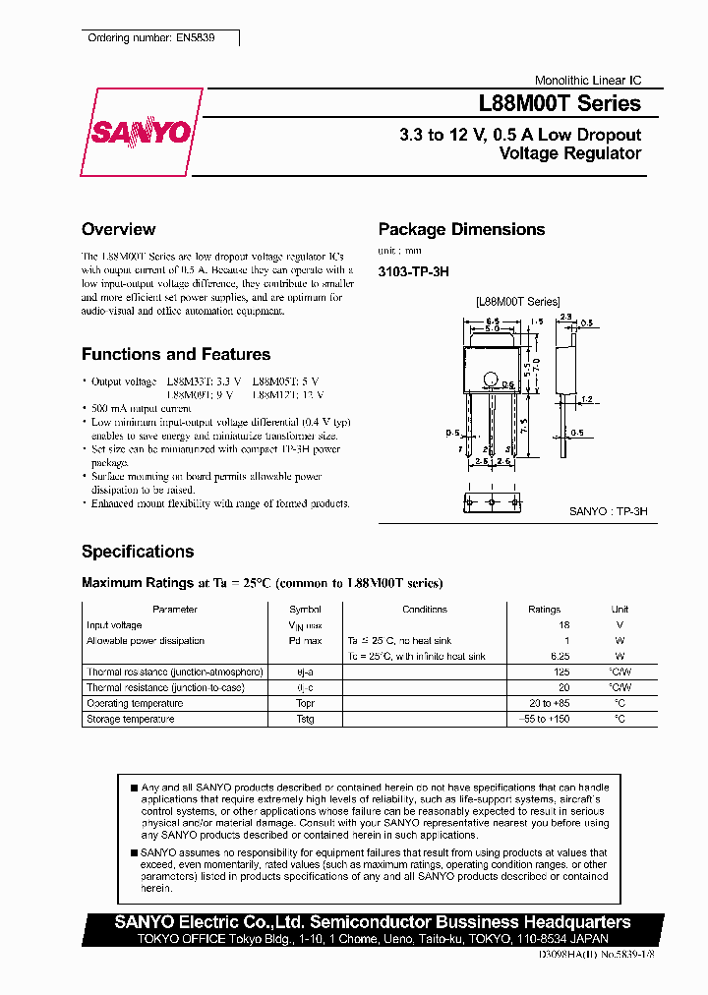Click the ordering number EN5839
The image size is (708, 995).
pos(150,37)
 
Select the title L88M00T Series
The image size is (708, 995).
pos(560,104)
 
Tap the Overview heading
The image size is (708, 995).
pos(118,229)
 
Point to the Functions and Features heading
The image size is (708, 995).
pos(175,354)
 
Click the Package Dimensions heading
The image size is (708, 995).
pos(461,229)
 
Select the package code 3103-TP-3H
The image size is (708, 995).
pos(413,272)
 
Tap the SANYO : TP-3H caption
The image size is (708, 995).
pos(608,512)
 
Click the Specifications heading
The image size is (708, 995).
pos(138,552)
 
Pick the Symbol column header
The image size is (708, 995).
pos(305,610)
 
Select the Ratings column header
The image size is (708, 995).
pos(544,610)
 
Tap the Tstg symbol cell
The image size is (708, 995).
pos(305,719)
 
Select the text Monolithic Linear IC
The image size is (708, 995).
pos(587,81)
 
